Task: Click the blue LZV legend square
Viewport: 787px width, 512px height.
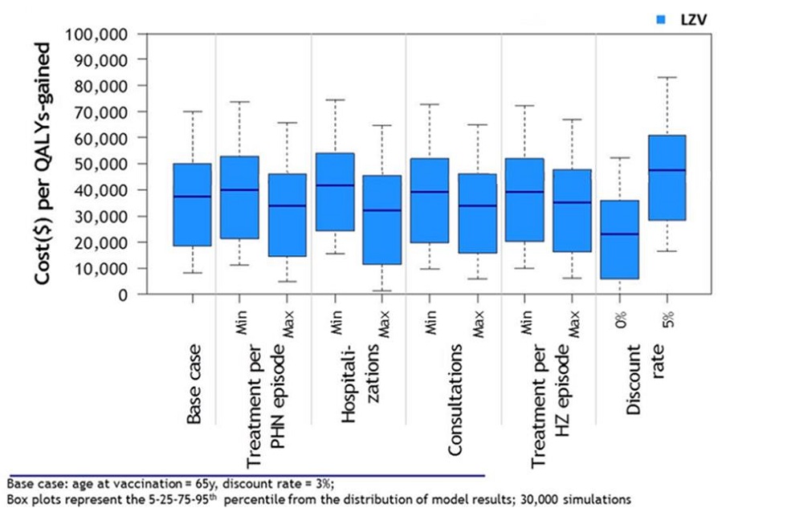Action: point(663,18)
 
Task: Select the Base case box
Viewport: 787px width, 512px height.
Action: point(192,205)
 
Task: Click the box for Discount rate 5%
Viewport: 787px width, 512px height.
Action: point(668,177)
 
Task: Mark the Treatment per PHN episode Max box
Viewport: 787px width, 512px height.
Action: point(287,215)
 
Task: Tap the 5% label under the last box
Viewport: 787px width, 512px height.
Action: point(668,319)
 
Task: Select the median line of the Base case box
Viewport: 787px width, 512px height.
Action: point(192,197)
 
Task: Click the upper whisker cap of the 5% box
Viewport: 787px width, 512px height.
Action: point(668,77)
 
